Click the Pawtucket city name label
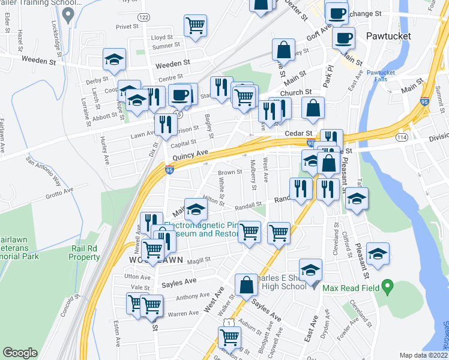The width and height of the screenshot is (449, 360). tap(388, 37)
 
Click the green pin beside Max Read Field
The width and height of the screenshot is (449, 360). tap(388, 288)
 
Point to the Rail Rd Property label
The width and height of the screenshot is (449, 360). tap(85, 253)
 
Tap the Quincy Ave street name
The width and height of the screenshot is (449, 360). tap(190, 155)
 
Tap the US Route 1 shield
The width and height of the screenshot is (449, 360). tap(230, 323)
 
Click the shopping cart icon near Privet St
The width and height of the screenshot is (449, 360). tap(195, 26)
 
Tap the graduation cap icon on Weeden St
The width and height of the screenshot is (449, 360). tap(113, 59)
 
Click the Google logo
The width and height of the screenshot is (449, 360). tap(20, 353)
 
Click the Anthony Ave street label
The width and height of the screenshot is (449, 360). tap(192, 296)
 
